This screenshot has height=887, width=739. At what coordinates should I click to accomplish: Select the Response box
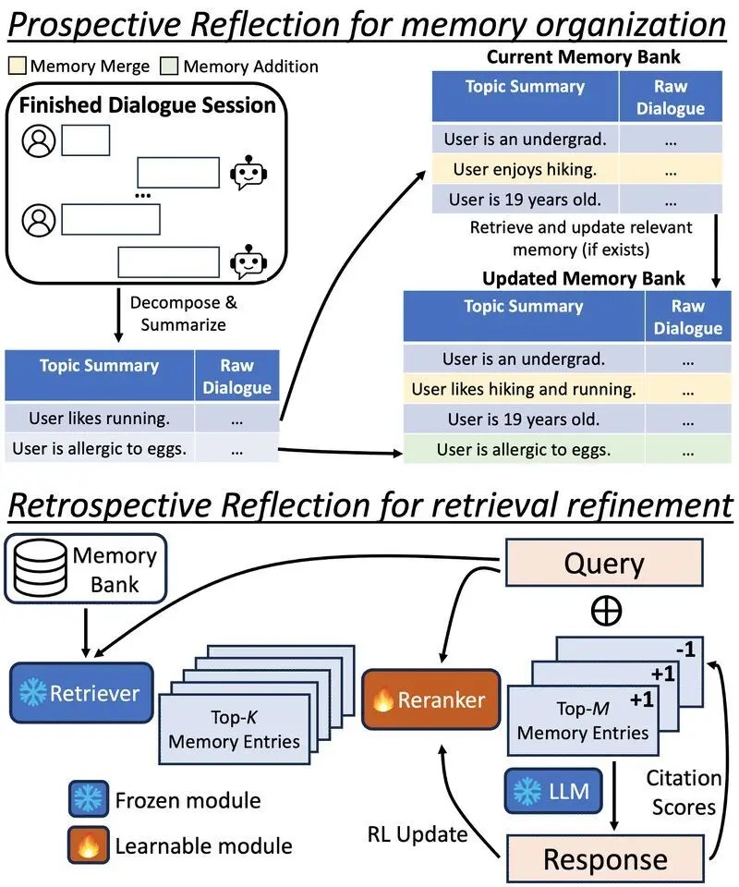[x=605, y=858]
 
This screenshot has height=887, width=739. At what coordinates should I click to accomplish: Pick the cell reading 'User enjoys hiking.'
[x=524, y=170]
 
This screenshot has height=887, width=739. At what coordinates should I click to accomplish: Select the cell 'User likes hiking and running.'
[x=524, y=390]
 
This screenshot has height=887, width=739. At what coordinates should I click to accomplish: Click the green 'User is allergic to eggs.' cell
[x=524, y=450]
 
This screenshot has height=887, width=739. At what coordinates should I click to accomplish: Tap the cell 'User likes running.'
[x=100, y=419]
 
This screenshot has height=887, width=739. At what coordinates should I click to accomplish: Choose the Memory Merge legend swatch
[x=18, y=67]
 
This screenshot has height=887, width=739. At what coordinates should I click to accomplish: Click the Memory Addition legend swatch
[x=170, y=67]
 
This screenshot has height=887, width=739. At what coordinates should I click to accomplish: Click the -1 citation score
[x=685, y=651]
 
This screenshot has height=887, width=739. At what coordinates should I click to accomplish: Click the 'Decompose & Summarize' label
[x=176, y=314]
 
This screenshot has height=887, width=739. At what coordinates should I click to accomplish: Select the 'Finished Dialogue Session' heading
[x=148, y=104]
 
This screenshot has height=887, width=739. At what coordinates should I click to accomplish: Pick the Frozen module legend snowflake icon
[x=88, y=799]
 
